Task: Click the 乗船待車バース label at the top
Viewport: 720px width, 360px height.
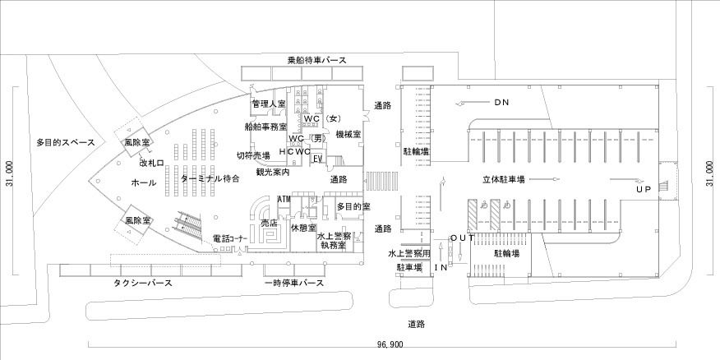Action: pos(316,61)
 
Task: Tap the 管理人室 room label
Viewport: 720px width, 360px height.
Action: pos(268,104)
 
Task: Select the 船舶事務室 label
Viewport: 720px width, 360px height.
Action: pos(265,127)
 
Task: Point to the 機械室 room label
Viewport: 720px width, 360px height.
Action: pos(349,134)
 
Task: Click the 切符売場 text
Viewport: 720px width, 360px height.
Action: pos(253,155)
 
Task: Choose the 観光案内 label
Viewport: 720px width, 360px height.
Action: pos(273,173)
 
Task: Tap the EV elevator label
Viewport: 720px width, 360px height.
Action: pos(316,159)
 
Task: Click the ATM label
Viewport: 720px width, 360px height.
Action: pos(284,199)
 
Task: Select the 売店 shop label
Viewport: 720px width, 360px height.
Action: pos(270,223)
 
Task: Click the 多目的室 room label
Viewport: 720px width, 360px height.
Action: pos(353,208)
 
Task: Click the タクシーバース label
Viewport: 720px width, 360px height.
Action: pos(143,283)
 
